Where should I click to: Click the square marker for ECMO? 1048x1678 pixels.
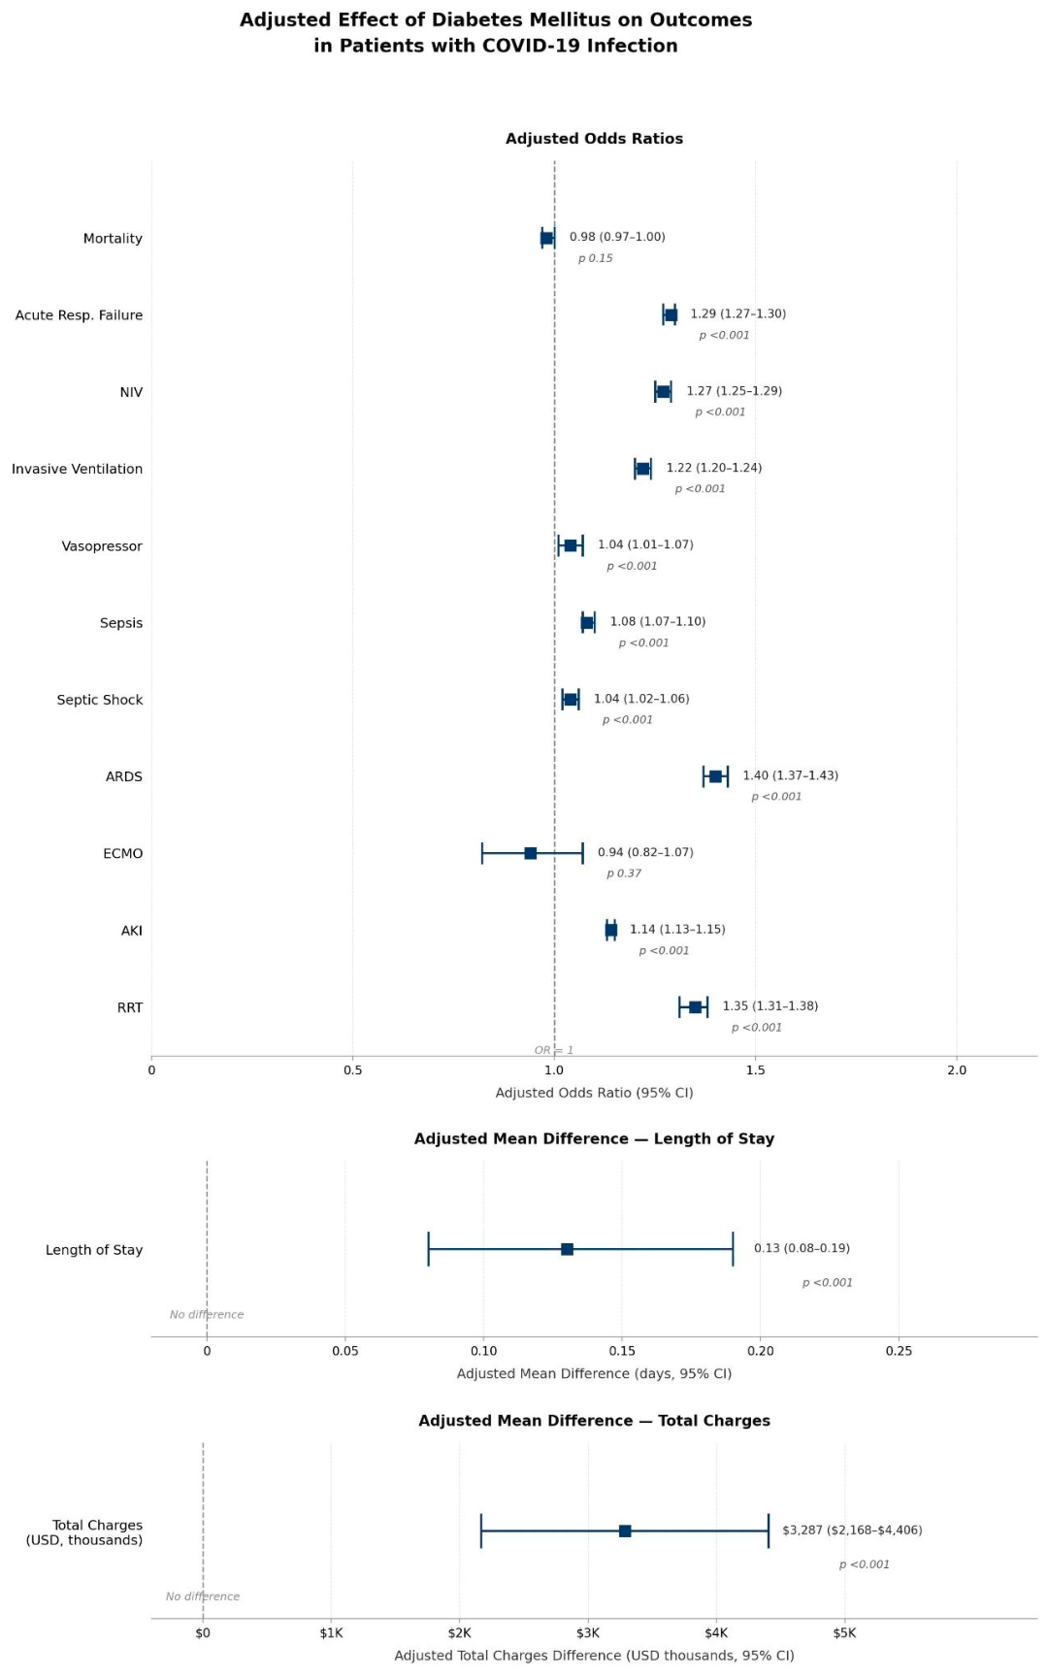pos(530,853)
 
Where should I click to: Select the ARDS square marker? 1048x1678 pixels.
pos(715,776)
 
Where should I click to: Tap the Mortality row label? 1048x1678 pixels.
pos(113,239)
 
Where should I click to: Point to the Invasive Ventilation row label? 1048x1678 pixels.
pos(77,469)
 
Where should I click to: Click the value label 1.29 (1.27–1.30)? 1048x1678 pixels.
pos(738,313)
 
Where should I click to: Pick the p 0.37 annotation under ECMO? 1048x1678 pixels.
pos(624,873)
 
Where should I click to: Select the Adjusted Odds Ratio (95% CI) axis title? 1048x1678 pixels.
pos(594,1093)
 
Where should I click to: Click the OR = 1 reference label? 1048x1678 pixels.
pos(554,1050)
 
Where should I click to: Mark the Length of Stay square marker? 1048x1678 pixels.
pos(567,1249)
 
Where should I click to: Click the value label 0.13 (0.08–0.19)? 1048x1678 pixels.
pos(802,1248)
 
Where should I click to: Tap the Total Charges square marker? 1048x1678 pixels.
pos(625,1530)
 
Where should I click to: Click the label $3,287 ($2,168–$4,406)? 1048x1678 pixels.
pos(852,1530)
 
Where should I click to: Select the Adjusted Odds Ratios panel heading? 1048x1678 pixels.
pos(594,139)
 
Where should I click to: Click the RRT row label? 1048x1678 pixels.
pos(130,1007)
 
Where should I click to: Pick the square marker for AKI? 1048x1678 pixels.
pos(610,930)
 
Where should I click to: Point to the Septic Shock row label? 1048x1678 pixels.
pos(100,700)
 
